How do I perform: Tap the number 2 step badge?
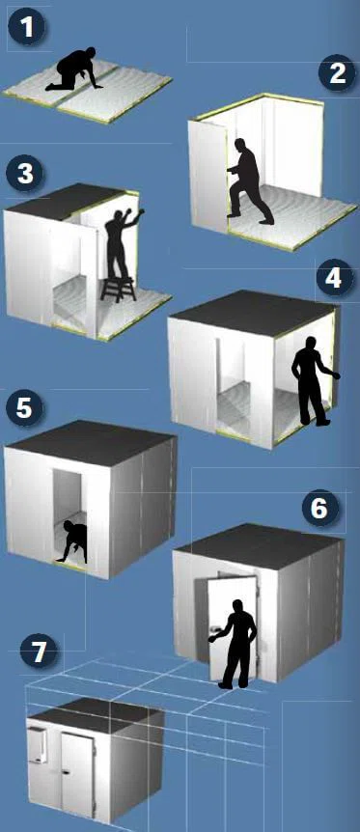click(x=337, y=73)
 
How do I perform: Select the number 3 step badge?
click(x=25, y=174)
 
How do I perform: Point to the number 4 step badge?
click(x=334, y=278)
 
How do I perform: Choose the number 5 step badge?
click(x=24, y=408)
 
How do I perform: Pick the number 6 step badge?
click(x=320, y=509)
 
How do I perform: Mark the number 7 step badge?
click(x=39, y=652)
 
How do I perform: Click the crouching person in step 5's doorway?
click(x=72, y=541)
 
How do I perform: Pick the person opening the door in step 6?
click(x=235, y=644)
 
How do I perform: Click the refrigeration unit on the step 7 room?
click(x=38, y=745)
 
